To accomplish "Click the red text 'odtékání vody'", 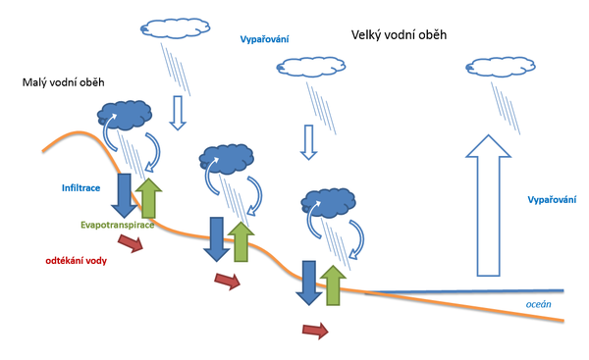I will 78,260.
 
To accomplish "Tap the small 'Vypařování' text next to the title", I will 265,39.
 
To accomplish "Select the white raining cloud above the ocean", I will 497,69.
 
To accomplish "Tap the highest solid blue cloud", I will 124,115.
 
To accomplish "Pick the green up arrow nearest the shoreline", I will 333,285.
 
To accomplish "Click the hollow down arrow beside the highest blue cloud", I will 178,112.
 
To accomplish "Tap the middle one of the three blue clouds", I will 226,157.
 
